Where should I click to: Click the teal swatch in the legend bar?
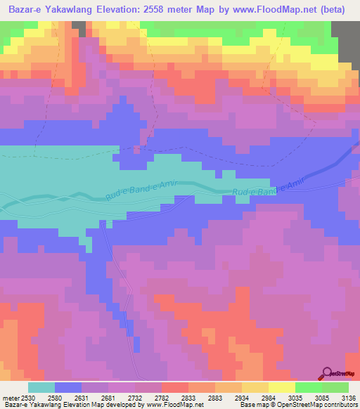click(41, 387)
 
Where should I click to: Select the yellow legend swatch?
click(281, 387)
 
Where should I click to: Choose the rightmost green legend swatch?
click(335, 387)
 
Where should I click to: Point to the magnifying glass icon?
click(328, 373)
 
